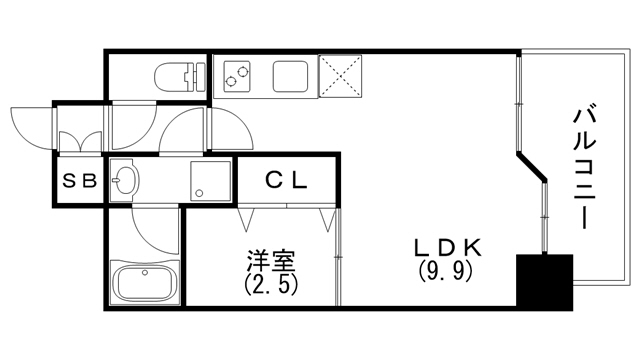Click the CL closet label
pyautogui.click(x=289, y=181)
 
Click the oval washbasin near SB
pyautogui.click(x=125, y=181)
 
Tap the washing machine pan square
pyautogui.click(x=212, y=181)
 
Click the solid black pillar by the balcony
pyautogui.click(x=543, y=281)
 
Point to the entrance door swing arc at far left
pyautogui.click(x=30, y=118)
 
